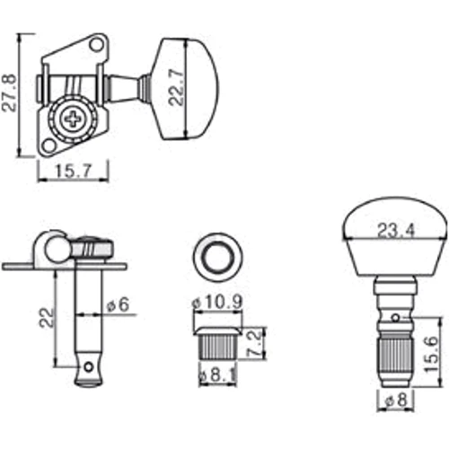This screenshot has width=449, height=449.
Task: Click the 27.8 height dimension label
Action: pyautogui.click(x=9, y=92)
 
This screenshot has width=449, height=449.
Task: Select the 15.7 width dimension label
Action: pyautogui.click(x=72, y=172)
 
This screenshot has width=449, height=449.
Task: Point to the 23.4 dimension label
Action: pyautogui.click(x=396, y=231)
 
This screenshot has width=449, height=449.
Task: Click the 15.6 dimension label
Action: pyautogui.click(x=432, y=354)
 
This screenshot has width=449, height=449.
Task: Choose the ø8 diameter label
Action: pyautogui.click(x=396, y=401)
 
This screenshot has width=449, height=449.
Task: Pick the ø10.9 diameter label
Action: pyautogui.click(x=216, y=303)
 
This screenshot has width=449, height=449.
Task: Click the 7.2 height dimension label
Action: pyautogui.click(x=254, y=344)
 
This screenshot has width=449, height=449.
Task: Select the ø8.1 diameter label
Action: pyautogui.click(x=217, y=375)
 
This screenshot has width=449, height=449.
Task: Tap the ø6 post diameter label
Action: pyautogui.click(x=118, y=305)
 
